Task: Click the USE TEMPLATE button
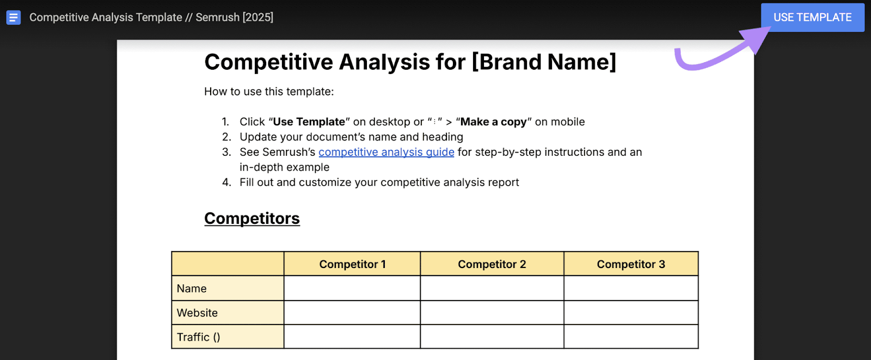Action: coord(812,17)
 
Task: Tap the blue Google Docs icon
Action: coord(14,17)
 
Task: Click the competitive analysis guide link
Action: coord(386,152)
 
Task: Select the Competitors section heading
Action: coord(252,218)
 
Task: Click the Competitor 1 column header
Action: coord(352,264)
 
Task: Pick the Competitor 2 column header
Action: coord(492,264)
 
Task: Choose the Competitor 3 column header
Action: coord(630,264)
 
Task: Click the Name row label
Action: coord(192,289)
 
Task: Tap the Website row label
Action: coord(197,313)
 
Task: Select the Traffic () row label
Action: coord(198,337)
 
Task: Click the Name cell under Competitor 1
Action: coord(352,289)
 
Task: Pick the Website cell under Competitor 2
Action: coord(492,313)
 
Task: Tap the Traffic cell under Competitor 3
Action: coord(630,337)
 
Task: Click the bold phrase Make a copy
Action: coord(493,122)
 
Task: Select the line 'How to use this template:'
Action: coord(269,91)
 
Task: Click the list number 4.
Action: coord(226,182)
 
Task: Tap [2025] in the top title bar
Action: coord(258,17)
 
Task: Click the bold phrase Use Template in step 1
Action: coord(309,122)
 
